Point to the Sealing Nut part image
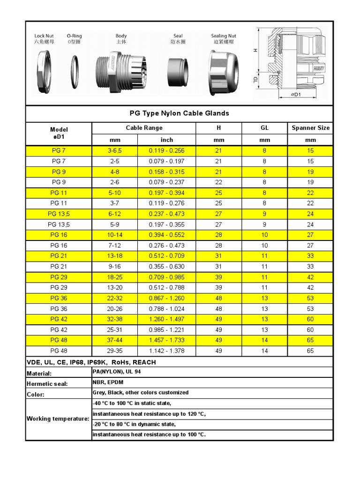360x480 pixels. coord(224,71)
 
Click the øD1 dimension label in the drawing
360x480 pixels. coord(296,95)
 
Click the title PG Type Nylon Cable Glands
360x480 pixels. coord(179,113)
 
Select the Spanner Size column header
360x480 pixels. coord(310,127)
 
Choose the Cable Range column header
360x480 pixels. coord(144,127)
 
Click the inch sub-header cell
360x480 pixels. coord(166,140)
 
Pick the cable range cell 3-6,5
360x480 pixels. coord(114,150)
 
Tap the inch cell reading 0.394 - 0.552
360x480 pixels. coord(166,235)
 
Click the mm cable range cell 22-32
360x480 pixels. coord(114,298)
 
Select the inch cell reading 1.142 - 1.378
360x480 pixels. coord(166,351)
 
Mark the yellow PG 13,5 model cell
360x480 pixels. coord(59,214)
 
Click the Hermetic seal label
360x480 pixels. coord(47,384)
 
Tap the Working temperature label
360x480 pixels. coord(58,419)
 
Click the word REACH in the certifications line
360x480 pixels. coord(144,362)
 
